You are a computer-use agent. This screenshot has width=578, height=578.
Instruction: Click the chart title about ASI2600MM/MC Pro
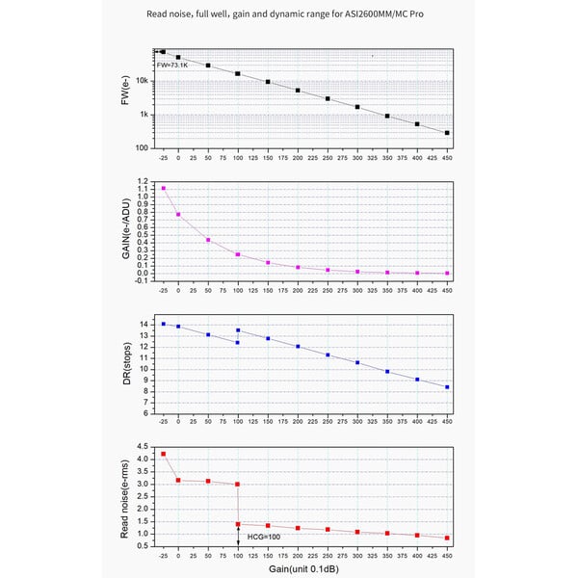click(x=289, y=15)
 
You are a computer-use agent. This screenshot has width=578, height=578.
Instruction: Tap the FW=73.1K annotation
click(x=172, y=65)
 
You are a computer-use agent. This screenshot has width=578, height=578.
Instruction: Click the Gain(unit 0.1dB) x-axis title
click(x=305, y=569)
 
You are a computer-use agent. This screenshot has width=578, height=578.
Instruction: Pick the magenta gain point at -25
click(x=164, y=189)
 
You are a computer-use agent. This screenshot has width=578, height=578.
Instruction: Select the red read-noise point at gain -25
click(x=164, y=454)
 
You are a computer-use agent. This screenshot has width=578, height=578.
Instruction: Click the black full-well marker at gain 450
click(x=447, y=133)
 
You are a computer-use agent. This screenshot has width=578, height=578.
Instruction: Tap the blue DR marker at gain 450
click(x=447, y=387)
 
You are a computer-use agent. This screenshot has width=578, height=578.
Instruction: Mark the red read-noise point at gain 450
click(x=447, y=538)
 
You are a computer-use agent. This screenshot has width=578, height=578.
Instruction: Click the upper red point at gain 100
click(x=238, y=485)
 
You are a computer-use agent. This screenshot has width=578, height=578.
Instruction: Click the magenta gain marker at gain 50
click(x=208, y=240)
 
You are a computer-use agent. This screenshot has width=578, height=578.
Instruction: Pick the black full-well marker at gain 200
click(x=298, y=91)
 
